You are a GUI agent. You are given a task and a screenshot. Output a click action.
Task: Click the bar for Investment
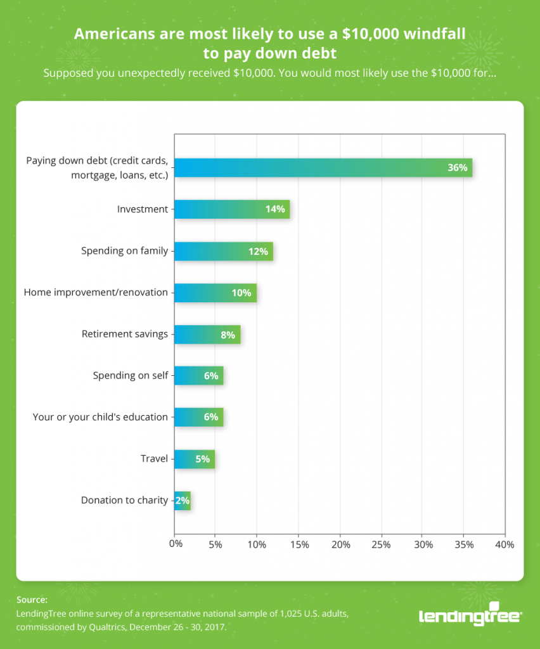[231, 209]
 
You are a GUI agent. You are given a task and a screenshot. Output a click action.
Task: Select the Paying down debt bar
[323, 168]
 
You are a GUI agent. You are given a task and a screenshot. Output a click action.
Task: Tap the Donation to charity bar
[182, 501]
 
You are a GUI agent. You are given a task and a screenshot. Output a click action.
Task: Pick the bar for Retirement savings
[207, 334]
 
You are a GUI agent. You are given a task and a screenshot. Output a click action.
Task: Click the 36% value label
[457, 168]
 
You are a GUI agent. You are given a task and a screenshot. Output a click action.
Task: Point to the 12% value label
[258, 251]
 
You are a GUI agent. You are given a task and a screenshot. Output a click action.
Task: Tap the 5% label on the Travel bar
[202, 459]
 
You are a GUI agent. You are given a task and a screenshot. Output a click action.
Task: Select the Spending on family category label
[124, 251]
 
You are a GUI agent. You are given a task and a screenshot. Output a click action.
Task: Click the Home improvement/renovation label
[96, 293]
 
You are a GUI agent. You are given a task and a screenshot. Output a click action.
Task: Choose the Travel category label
[154, 459]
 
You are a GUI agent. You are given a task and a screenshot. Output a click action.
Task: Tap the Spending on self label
[131, 376]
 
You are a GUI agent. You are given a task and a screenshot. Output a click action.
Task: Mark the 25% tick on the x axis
[382, 544]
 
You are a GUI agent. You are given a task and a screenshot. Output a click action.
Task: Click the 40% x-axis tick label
[505, 544]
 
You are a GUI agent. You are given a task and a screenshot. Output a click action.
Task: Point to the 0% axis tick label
[175, 544]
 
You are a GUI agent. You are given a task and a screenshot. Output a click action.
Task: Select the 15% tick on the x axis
[299, 544]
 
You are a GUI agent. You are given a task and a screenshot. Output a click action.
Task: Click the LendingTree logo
[470, 615]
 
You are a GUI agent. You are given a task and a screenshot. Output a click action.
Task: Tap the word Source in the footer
[32, 600]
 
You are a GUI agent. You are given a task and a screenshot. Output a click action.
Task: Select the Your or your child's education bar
[198, 417]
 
